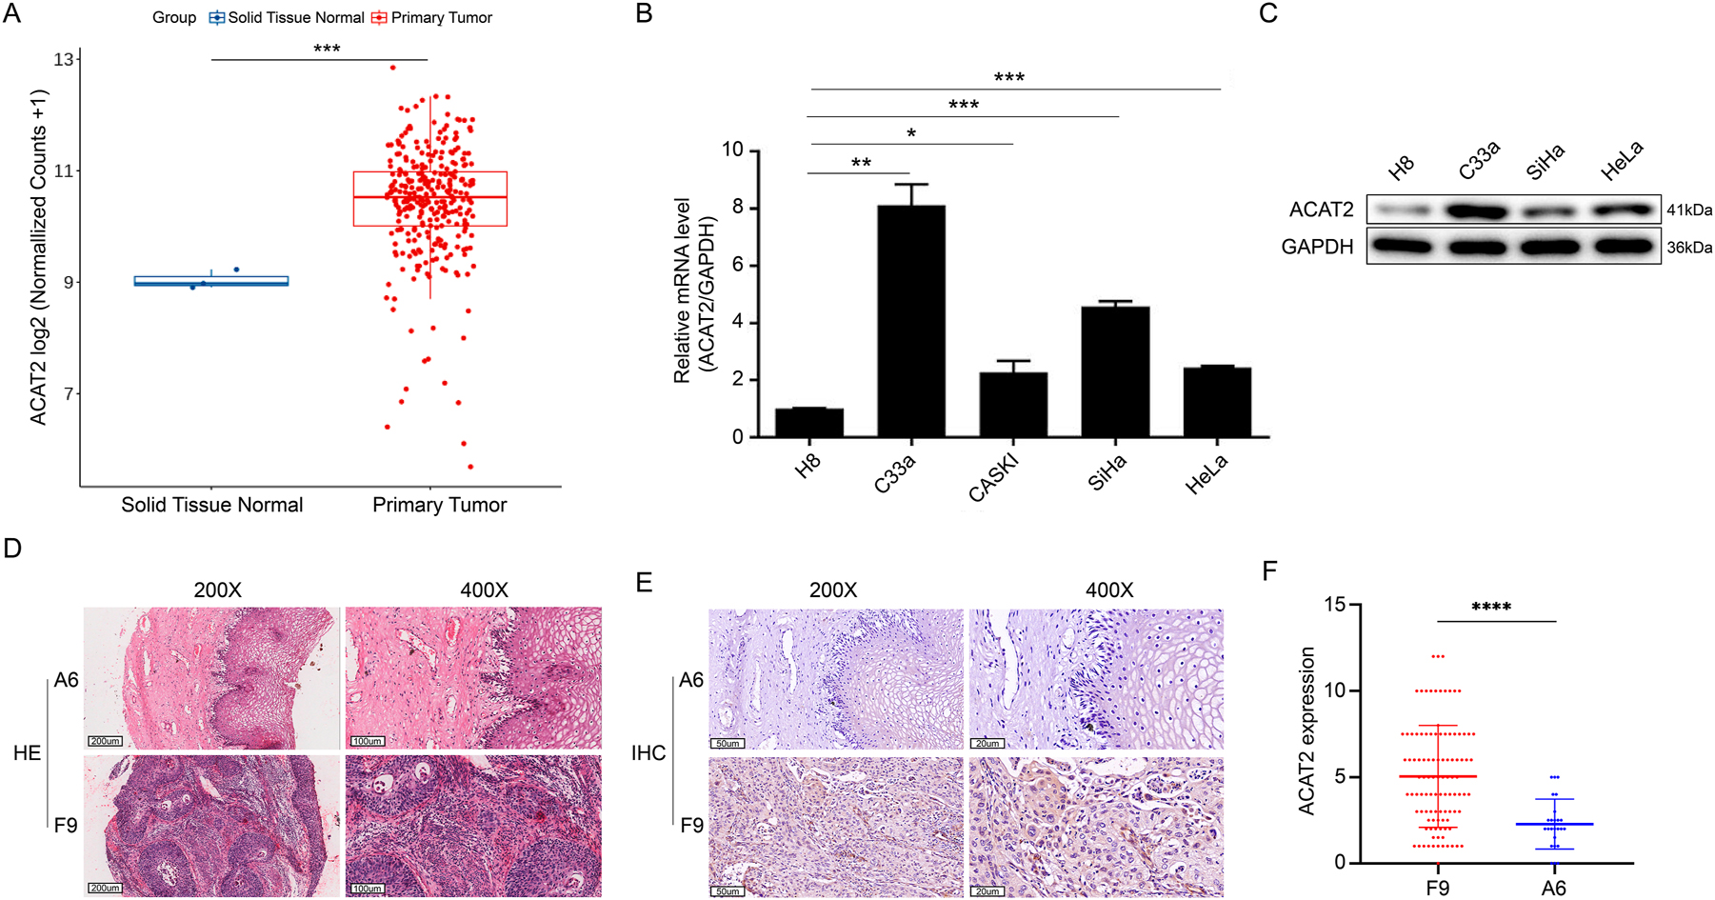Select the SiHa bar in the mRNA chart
pos(1115,371)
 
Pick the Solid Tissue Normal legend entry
pos(287,17)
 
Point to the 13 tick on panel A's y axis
pos(64,59)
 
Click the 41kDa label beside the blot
pos(1688,210)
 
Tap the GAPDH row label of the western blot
pos(1317,248)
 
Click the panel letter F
pos(1268,570)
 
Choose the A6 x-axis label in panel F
pos(1553,888)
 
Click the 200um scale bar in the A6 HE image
pos(105,741)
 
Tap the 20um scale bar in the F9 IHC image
pos(987,891)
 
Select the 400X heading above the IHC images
pos(1109,590)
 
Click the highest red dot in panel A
pos(392,68)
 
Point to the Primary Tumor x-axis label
pos(439,506)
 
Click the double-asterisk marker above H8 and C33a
pos(861,163)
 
